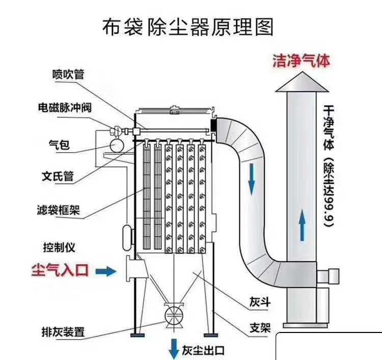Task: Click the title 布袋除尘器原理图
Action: (188, 27)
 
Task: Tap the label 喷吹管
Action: (68, 74)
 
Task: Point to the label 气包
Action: (59, 145)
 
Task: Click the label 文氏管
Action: (58, 176)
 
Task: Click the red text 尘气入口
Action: (60, 270)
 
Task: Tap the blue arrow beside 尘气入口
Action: (106, 271)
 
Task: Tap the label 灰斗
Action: (259, 302)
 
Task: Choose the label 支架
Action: (259, 327)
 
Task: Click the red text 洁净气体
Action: (301, 61)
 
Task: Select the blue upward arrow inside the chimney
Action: (303, 226)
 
